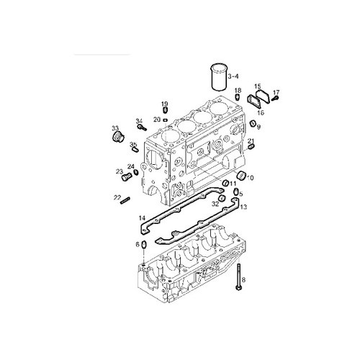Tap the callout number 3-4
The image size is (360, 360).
point(233,74)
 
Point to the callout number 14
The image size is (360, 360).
point(142,217)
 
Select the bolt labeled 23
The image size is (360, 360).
point(129,174)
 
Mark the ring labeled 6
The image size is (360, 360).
point(143,246)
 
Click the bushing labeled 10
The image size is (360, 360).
point(241,177)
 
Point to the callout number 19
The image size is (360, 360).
point(163,104)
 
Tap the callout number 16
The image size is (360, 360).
point(261,113)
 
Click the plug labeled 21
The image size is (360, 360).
point(251,148)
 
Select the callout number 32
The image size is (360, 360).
point(215,204)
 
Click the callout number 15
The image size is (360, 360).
point(257,86)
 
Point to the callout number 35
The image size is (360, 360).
point(133,145)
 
